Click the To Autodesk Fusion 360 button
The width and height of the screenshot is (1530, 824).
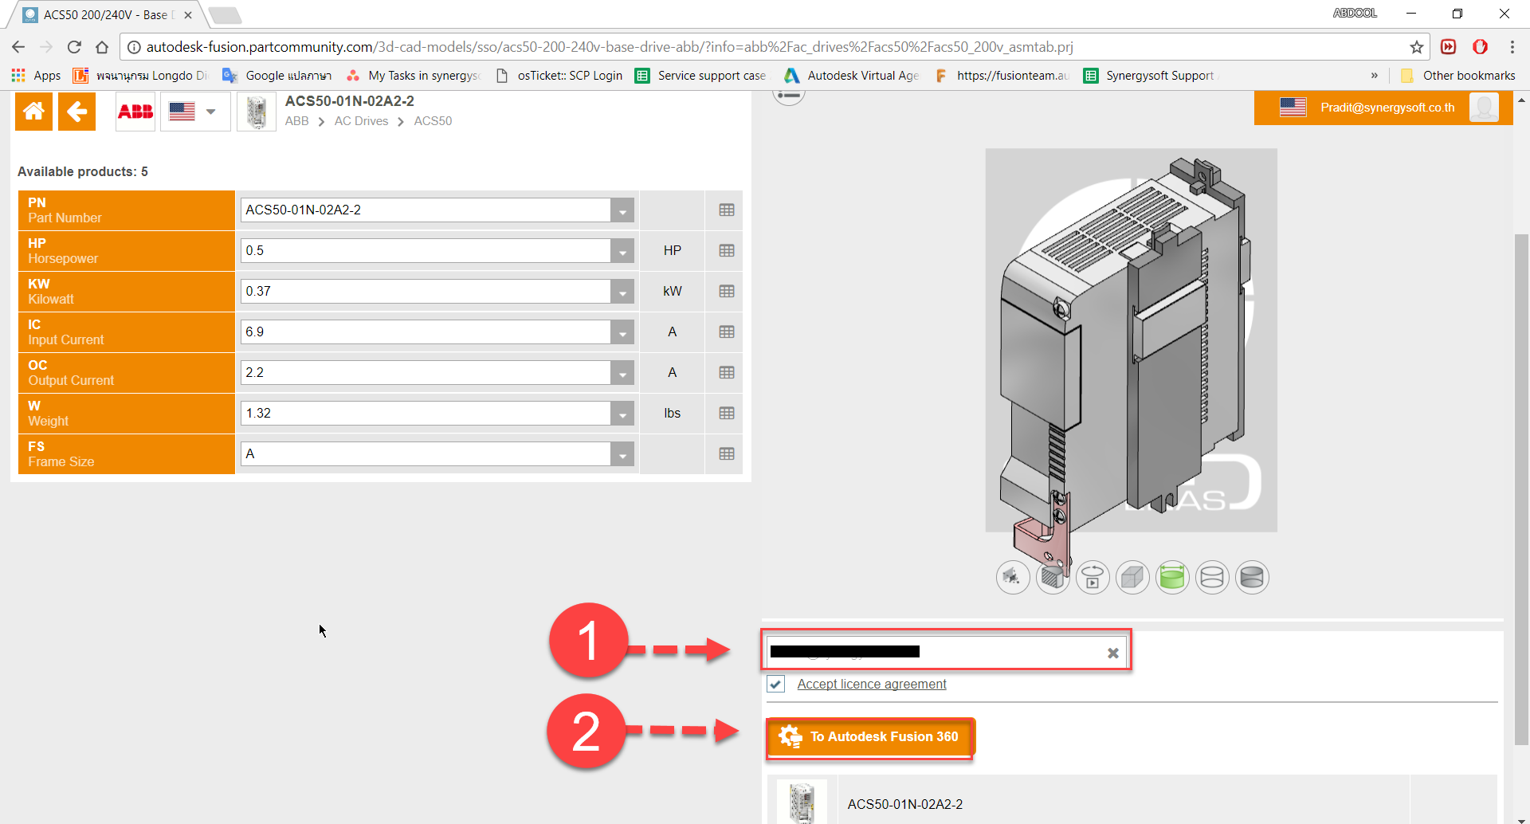pyautogui.click(x=869, y=737)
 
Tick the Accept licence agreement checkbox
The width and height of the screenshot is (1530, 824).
pyautogui.click(x=775, y=685)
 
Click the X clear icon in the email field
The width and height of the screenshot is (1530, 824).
pyautogui.click(x=1112, y=653)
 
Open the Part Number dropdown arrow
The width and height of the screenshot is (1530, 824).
pyautogui.click(x=622, y=210)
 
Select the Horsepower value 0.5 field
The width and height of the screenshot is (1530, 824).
pyautogui.click(x=426, y=251)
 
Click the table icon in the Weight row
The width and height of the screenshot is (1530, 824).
pyautogui.click(x=726, y=413)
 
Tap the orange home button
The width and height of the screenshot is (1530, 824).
pyautogui.click(x=33, y=112)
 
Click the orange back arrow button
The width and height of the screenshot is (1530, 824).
pyautogui.click(x=76, y=112)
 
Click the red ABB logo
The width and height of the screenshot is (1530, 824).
pyautogui.click(x=135, y=112)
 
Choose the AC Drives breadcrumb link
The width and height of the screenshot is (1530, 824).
pyautogui.click(x=361, y=121)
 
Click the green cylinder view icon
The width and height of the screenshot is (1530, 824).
pyautogui.click(x=1172, y=577)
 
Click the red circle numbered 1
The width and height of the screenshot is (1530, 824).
pyautogui.click(x=588, y=641)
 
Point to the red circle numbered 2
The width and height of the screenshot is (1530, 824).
pyautogui.click(x=586, y=731)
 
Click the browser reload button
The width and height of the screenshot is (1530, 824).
pyautogui.click(x=74, y=47)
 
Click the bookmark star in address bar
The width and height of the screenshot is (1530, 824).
pyautogui.click(x=1416, y=47)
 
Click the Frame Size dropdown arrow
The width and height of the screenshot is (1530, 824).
pyautogui.click(x=622, y=454)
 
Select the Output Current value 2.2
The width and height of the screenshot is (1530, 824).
pyautogui.click(x=426, y=373)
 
